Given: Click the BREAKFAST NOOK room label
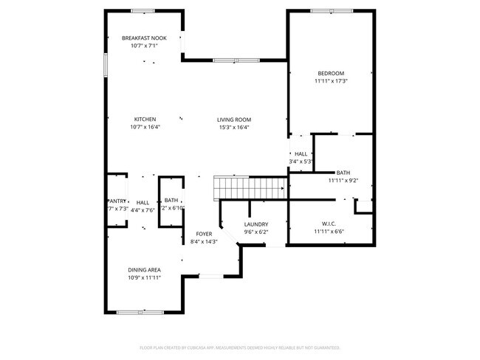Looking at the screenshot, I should (145, 38).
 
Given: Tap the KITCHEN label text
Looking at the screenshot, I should (145, 119).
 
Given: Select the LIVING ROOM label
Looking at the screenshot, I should (234, 119).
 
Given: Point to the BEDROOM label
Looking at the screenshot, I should (331, 73).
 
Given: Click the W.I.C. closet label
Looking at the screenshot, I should (329, 224).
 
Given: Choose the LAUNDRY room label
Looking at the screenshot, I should (256, 224).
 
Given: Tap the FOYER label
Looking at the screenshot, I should (204, 234).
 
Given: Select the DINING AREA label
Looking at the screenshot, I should (145, 270).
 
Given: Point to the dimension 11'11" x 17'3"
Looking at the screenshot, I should (331, 81).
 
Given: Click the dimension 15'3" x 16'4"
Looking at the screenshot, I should (234, 127).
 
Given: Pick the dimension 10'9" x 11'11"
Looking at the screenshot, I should (145, 279).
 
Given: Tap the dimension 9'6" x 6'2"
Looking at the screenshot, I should (256, 232).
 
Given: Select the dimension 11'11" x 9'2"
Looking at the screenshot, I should (343, 180).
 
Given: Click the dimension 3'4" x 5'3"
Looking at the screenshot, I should (301, 162).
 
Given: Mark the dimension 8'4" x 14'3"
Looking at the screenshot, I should (204, 242).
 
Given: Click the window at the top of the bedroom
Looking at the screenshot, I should (331, 11).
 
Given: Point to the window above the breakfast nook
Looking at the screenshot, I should (143, 11).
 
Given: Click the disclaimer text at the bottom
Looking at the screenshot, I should (240, 347).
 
